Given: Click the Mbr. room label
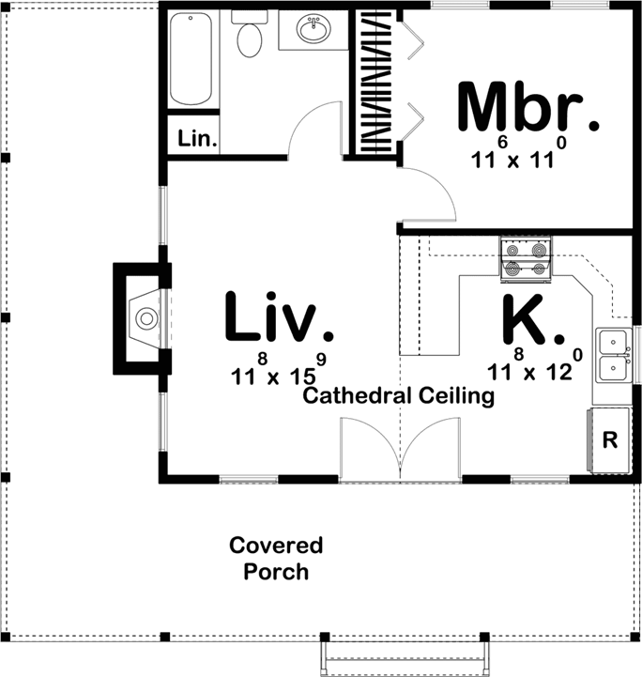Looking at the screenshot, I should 527,108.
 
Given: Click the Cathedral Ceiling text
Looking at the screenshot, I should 398,396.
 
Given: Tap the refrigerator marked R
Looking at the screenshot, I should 608,439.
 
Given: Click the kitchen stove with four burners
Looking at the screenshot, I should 526,259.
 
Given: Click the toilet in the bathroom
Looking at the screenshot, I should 250,37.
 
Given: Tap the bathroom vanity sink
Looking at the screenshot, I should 313,30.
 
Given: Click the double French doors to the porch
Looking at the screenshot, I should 401,451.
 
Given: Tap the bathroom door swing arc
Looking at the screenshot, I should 315,131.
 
